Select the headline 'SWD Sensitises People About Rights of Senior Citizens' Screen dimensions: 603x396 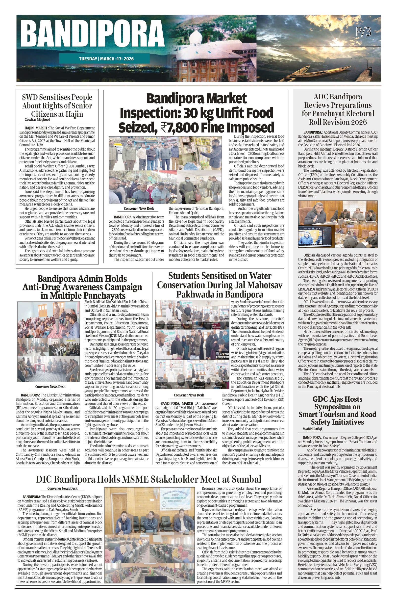coord(57,105)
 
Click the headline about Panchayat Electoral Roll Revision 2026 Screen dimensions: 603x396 coord(338,109)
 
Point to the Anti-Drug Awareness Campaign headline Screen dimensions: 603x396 coord(82,287)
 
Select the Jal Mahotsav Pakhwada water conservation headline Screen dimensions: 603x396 coord(220,285)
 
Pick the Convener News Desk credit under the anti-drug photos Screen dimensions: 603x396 coord(50,386)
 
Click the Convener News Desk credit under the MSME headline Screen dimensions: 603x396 coord(62,488)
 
